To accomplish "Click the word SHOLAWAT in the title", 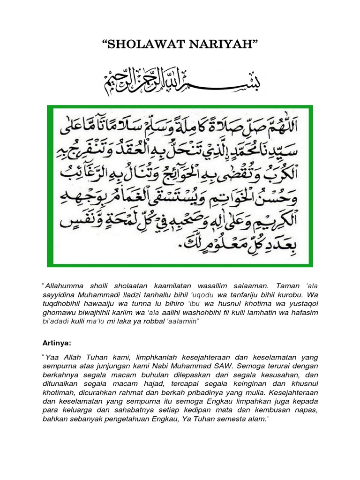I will pos(142,45).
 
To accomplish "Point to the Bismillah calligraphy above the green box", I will pos(180,81).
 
